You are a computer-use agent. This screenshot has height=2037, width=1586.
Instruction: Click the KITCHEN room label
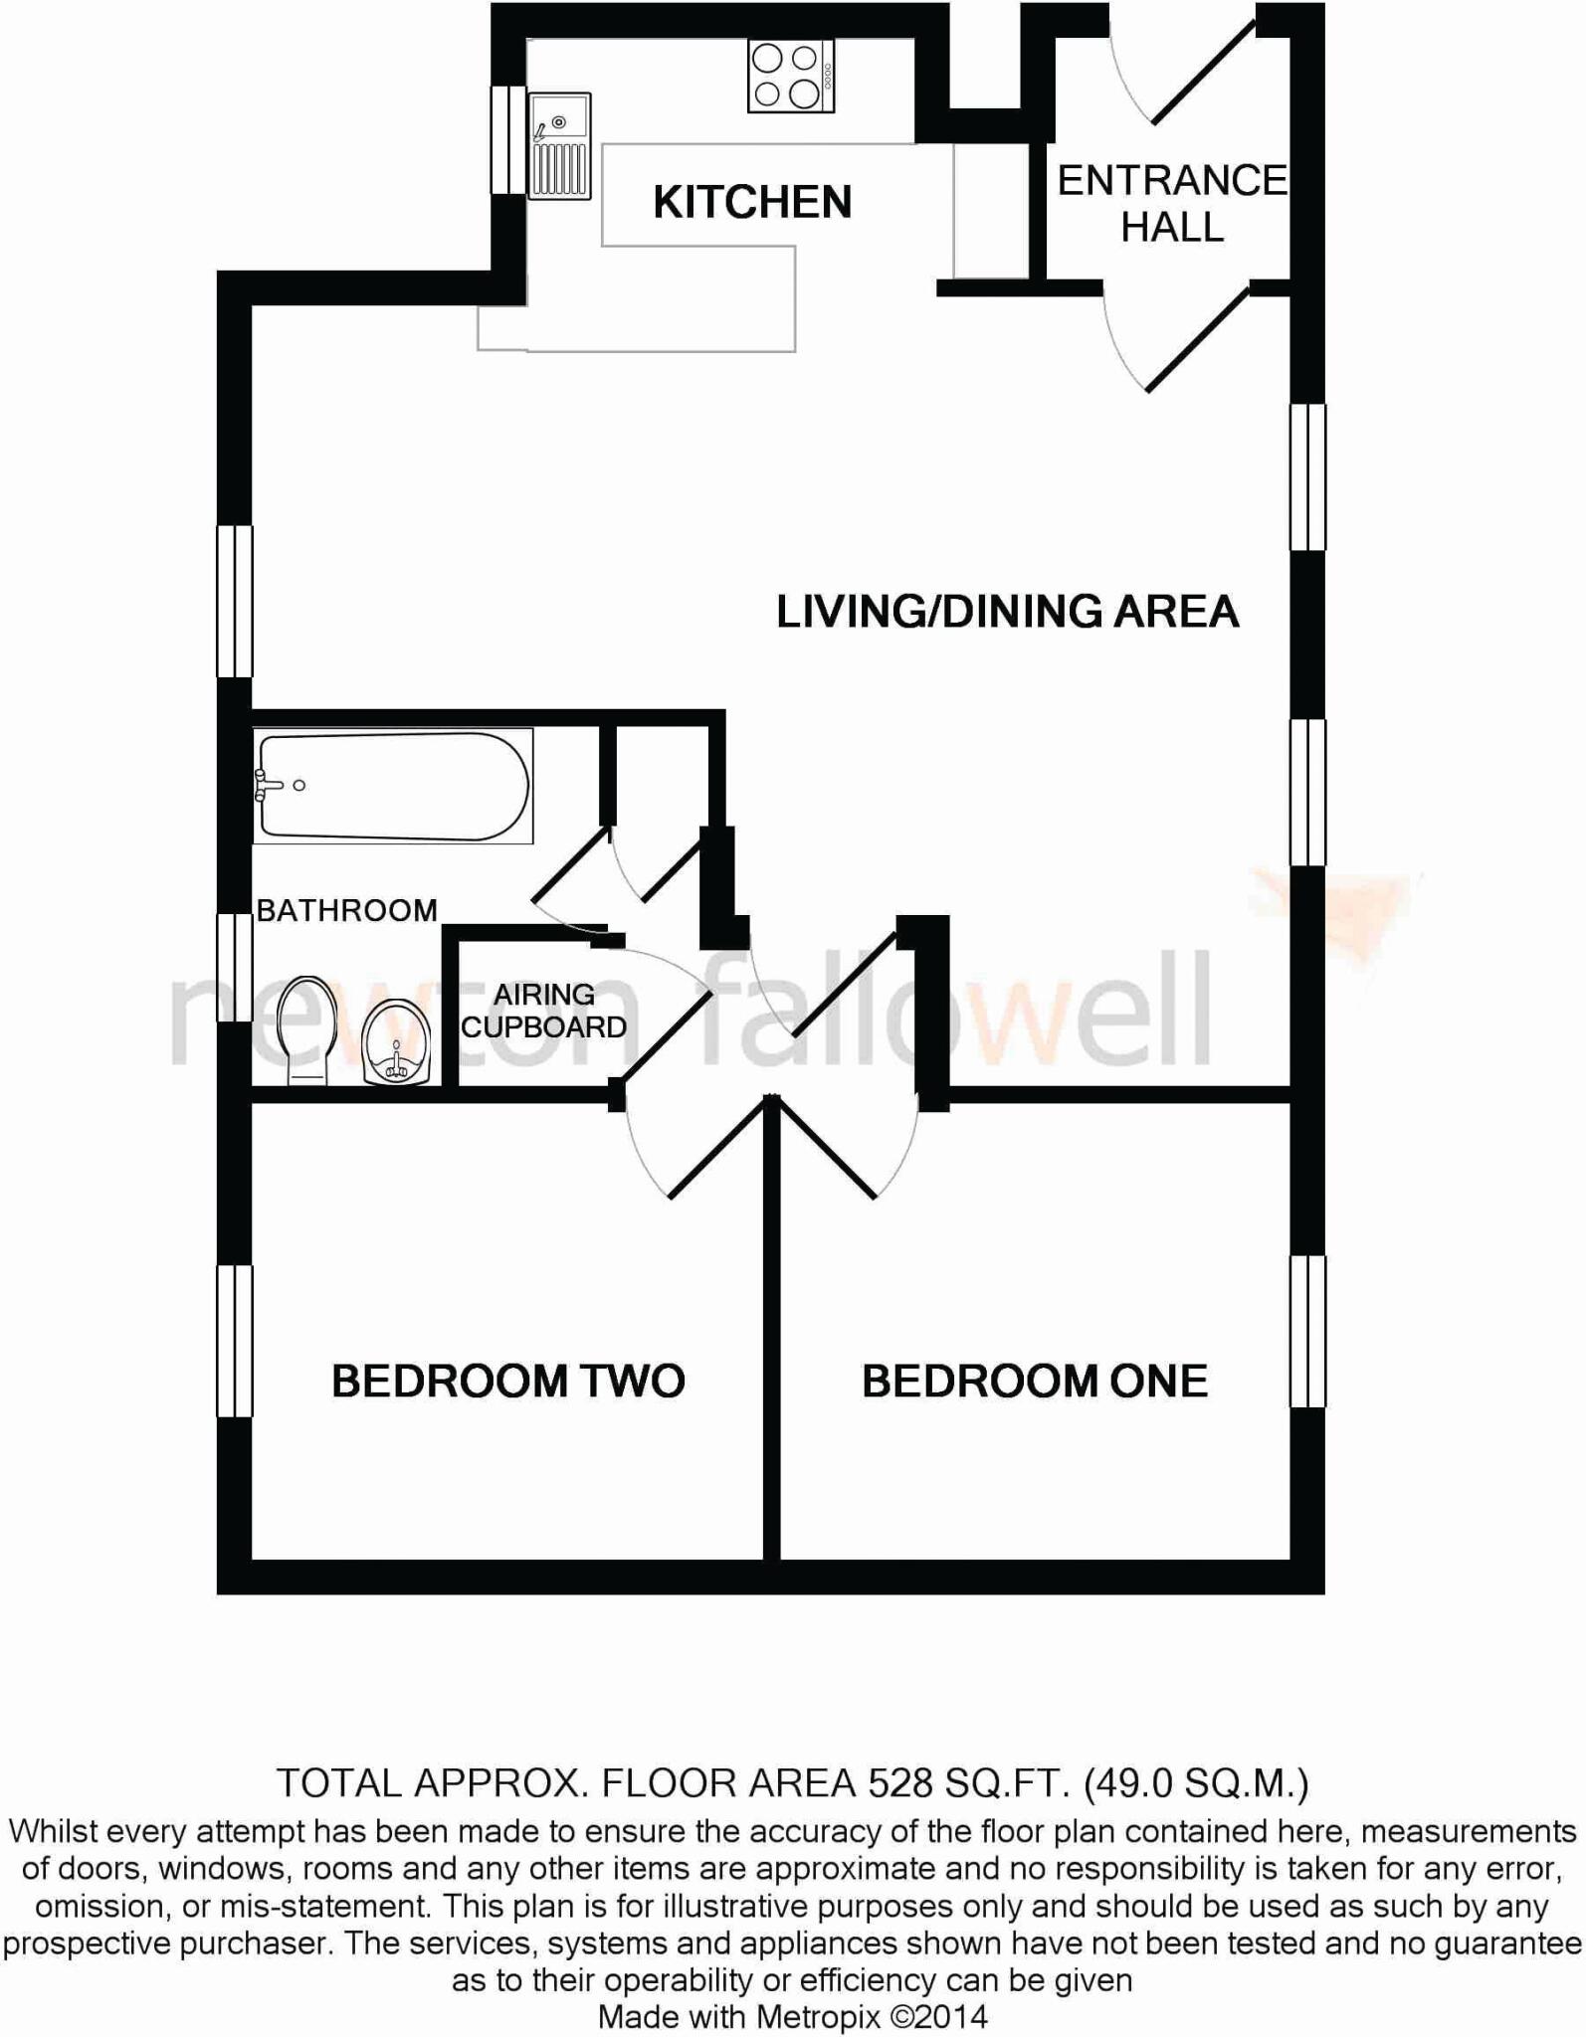(x=752, y=202)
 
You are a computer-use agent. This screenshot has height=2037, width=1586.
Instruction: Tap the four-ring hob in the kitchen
(x=791, y=77)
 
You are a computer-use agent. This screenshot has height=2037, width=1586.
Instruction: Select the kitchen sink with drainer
(x=560, y=144)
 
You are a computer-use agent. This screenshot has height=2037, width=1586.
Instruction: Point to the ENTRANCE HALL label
(x=1171, y=204)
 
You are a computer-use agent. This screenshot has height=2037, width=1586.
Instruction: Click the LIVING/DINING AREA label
(x=1007, y=611)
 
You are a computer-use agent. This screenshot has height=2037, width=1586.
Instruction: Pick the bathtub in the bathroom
(x=393, y=786)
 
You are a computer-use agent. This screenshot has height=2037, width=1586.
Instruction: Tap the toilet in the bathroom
(x=307, y=1029)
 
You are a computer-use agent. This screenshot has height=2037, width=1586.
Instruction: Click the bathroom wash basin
(x=396, y=1040)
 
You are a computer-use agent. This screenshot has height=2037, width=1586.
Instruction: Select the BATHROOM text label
(x=346, y=910)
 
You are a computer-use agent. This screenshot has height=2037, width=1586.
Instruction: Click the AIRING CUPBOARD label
(x=544, y=1011)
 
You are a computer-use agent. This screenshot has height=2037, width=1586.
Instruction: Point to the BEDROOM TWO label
(x=507, y=1381)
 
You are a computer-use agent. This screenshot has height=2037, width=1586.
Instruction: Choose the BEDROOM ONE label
(x=1035, y=1381)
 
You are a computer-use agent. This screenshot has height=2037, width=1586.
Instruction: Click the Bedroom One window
(x=1307, y=1331)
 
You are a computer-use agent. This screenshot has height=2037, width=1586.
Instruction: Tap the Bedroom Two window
(x=235, y=1340)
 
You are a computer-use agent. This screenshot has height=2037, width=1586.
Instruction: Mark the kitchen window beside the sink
(x=508, y=139)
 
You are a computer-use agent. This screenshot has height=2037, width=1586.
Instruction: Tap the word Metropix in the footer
(x=818, y=2017)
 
